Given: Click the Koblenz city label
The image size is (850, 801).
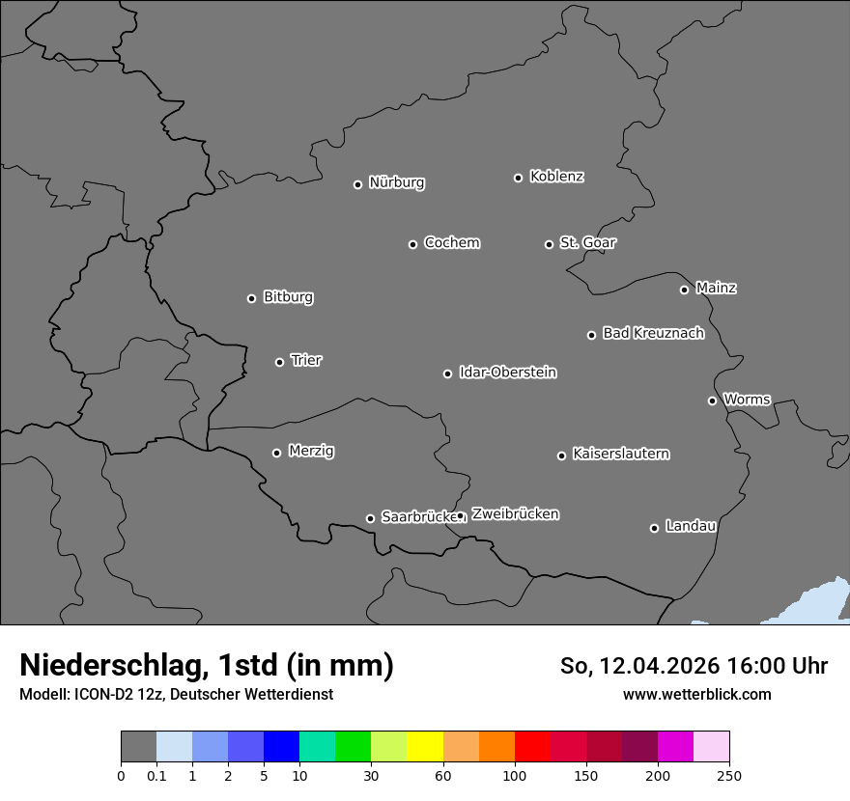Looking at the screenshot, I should tap(556, 177).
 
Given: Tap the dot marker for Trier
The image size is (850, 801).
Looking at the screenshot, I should tap(280, 362).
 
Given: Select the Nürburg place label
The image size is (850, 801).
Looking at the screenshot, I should tap(396, 182).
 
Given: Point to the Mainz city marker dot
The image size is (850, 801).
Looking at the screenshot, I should tap(684, 290).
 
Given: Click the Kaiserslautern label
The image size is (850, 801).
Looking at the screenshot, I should tap(620, 454).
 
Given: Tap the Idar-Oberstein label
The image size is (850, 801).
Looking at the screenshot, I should tap(507, 373).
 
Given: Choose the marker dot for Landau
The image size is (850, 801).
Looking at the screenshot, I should tap(654, 528).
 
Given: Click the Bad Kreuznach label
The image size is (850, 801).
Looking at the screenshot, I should tap(653, 333).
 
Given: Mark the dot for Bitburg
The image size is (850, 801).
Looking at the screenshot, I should tap(251, 298).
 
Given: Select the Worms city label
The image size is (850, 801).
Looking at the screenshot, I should tap(746, 399).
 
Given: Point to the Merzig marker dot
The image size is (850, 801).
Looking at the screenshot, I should tap(276, 453).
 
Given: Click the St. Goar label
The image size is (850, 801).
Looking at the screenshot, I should tap(587, 242).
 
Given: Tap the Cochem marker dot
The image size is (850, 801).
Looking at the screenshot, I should tap(412, 244).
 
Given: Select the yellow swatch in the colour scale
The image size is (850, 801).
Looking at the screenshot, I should tap(425, 747).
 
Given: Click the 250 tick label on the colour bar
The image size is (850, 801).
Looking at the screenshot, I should tap(729, 776).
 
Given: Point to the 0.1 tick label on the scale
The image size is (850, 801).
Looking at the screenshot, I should tap(156, 776).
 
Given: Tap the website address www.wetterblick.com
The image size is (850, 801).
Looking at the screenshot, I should tap(696, 694).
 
